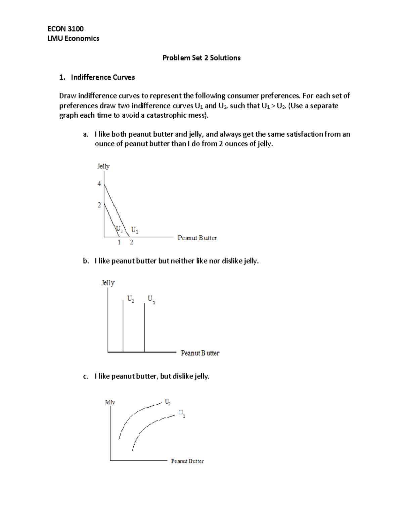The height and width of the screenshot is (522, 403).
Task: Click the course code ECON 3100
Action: (x=65, y=29)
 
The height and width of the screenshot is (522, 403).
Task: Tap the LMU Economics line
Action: (x=73, y=38)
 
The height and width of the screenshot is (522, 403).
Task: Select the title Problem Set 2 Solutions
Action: (x=201, y=58)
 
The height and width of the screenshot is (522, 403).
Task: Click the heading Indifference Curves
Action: (x=103, y=77)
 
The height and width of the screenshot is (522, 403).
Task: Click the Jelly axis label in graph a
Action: (x=103, y=166)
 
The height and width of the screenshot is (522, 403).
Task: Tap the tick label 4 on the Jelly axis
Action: (x=99, y=184)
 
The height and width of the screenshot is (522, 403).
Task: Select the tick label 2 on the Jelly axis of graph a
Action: (x=99, y=205)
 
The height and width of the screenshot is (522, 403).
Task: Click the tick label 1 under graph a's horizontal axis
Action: (x=119, y=242)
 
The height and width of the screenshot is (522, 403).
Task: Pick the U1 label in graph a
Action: (x=135, y=230)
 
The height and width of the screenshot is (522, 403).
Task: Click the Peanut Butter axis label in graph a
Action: (x=197, y=238)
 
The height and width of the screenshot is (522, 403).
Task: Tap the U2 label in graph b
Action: (x=131, y=299)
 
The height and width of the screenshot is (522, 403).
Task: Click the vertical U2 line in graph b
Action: (x=123, y=326)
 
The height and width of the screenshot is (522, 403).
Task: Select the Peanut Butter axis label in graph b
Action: (x=200, y=353)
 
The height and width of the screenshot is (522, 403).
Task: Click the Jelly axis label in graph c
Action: (x=110, y=402)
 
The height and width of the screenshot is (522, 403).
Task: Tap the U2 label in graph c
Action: (x=168, y=402)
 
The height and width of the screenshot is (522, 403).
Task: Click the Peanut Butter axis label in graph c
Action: (x=187, y=461)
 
